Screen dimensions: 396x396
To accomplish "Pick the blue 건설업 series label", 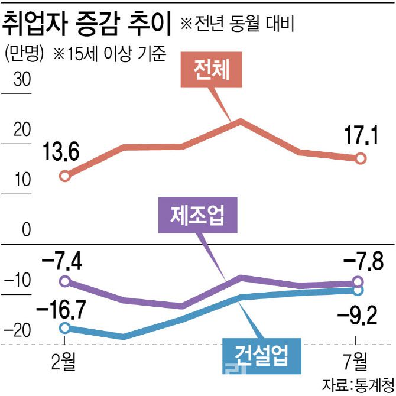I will point(261,355).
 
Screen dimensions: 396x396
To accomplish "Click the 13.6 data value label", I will point(61,153).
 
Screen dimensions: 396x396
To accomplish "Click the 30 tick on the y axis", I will point(23,80).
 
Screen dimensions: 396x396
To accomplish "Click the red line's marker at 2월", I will point(66,176).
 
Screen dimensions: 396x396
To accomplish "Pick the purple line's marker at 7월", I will point(358,282).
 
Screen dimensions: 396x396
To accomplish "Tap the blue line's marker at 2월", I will point(66,328).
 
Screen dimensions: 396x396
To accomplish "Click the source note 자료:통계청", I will point(358,385).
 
